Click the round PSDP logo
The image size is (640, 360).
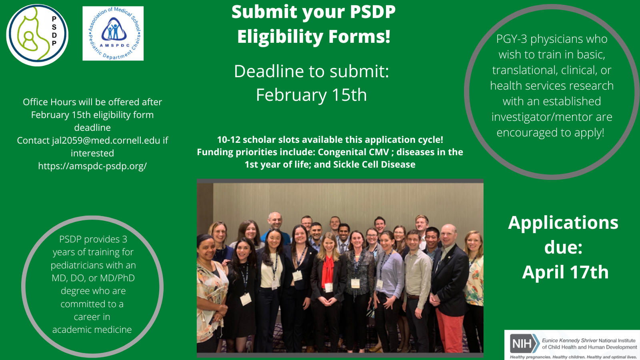(x=37, y=35)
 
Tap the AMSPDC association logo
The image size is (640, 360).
(x=113, y=34)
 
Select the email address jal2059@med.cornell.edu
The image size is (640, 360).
(x=106, y=140)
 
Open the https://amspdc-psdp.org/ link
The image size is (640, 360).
(x=92, y=166)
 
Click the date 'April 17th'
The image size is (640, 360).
(x=565, y=272)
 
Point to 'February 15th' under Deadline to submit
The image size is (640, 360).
(x=312, y=95)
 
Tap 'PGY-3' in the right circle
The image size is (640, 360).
(x=512, y=39)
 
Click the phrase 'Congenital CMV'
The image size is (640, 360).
(x=354, y=152)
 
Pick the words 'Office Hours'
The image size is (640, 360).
(x=50, y=102)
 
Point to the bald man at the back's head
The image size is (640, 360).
(x=275, y=220)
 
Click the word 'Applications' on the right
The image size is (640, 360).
(x=563, y=223)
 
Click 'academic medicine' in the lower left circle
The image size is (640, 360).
(x=92, y=330)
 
